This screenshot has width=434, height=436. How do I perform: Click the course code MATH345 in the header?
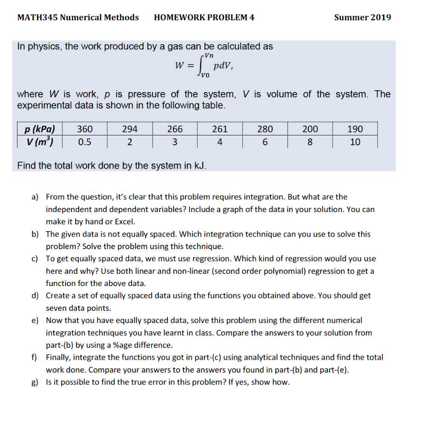coord(37,17)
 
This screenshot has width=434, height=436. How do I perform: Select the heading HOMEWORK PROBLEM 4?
coord(204,17)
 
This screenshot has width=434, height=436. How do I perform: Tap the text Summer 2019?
coord(362,17)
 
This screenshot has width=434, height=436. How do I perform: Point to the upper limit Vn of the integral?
coord(209,55)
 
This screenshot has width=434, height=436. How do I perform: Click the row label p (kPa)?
coord(40,129)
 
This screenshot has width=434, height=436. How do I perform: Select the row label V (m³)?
coord(40,142)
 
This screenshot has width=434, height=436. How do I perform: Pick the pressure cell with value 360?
coord(85,129)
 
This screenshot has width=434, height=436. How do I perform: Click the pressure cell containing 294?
coord(130,129)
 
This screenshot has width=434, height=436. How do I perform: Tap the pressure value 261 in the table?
coord(220,129)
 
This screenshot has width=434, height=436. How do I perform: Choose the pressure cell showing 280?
coord(265,129)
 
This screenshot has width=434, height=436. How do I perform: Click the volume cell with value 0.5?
coord(85,142)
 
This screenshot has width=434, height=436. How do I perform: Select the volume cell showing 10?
coord(355,142)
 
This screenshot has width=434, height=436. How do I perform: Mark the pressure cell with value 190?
coord(355,129)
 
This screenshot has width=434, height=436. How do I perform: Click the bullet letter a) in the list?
coord(34,197)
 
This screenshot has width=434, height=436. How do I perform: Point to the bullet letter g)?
coord(34,382)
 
